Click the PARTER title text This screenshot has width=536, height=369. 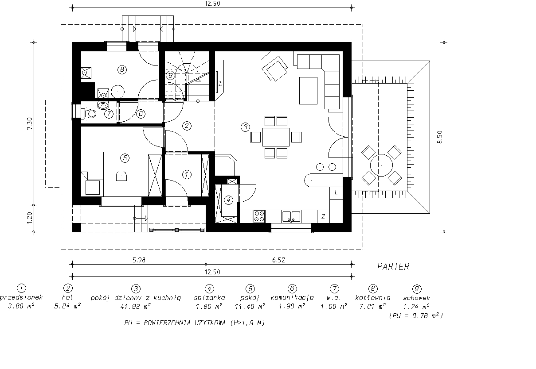point(393,266)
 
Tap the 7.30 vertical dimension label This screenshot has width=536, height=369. point(29,123)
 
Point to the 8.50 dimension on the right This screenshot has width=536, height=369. point(440,137)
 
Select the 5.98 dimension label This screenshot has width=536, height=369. point(139,260)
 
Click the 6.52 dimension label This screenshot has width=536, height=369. point(278,260)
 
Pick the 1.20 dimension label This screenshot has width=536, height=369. point(29,218)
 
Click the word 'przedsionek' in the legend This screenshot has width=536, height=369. point(21,297)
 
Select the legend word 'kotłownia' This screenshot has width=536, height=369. point(372,298)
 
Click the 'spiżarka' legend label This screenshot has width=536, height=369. point(209,298)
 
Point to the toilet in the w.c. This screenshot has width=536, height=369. point(89,113)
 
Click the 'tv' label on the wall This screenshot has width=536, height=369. point(220,83)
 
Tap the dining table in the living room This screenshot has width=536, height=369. point(276,137)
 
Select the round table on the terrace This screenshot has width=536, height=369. point(381,165)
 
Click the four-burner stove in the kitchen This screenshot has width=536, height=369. point(259,216)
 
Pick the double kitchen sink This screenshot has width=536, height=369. point(291,216)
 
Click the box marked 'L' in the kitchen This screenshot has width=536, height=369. point(336,193)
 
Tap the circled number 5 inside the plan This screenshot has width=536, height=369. point(125,158)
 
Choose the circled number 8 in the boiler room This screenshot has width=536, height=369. point(122,70)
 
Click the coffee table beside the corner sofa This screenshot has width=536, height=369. point(308,91)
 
